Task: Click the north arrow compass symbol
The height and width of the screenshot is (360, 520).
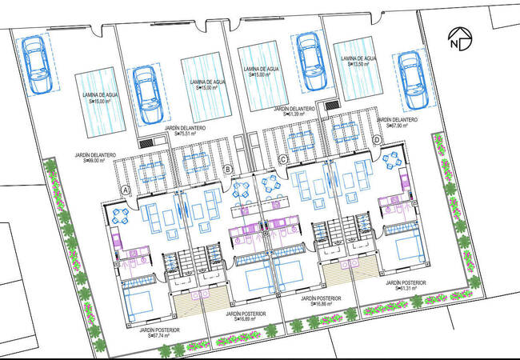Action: coord(458,38)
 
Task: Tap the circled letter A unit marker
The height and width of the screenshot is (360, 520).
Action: coord(126,190)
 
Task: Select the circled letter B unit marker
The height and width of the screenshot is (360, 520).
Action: coord(228,169)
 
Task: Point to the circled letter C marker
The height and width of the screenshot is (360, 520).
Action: coord(282,159)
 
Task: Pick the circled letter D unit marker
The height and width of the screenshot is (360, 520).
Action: coord(377,140)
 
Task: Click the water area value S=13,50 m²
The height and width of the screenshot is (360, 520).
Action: coord(358,66)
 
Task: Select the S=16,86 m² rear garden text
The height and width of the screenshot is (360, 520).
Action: coord(318,304)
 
